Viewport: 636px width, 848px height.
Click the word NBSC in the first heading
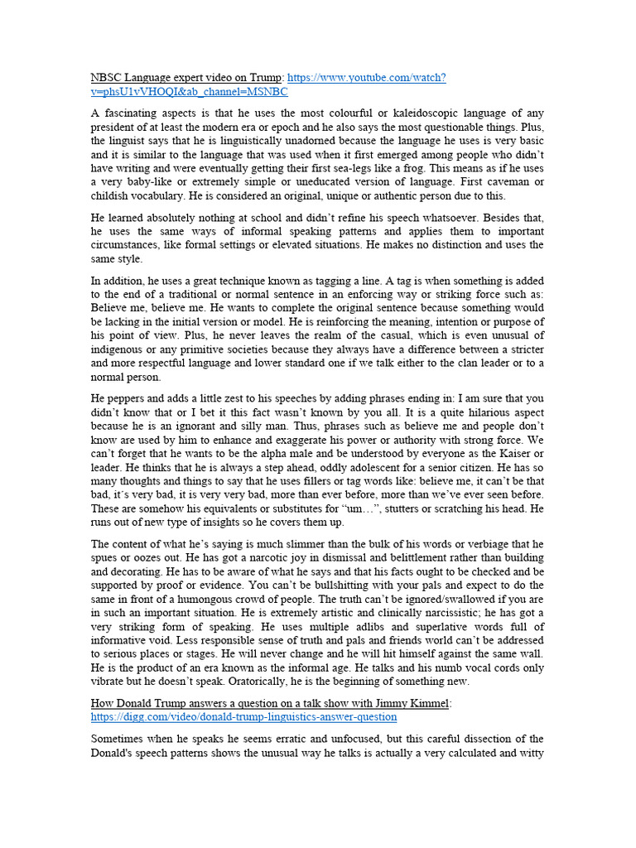point(107,78)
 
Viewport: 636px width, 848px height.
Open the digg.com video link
point(243,716)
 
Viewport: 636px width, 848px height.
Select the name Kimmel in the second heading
point(426,703)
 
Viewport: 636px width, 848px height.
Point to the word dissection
point(467,738)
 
